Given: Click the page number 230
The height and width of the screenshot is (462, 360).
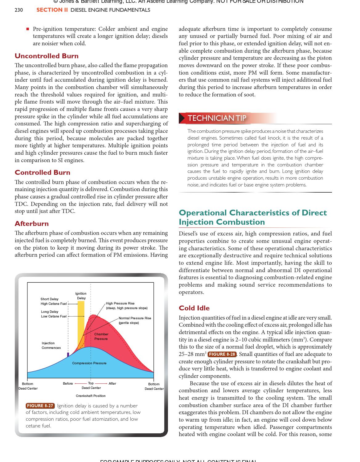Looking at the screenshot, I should click(x=18, y=10).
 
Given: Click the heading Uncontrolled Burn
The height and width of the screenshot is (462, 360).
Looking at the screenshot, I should click(x=47, y=56).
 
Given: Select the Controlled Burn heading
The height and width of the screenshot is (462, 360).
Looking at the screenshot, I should click(x=43, y=173).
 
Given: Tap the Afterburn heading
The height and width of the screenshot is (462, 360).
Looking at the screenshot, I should click(x=32, y=224).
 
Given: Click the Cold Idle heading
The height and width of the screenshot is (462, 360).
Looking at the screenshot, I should click(x=194, y=308).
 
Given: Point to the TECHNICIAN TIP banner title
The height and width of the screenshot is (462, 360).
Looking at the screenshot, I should click(x=217, y=118).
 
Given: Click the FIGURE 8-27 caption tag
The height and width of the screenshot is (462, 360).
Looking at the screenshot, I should click(x=40, y=406).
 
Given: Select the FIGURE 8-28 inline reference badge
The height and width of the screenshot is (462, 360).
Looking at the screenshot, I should click(x=222, y=354).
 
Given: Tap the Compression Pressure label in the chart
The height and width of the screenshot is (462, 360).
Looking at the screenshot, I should click(x=89, y=363).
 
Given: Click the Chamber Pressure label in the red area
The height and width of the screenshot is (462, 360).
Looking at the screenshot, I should click(x=101, y=337).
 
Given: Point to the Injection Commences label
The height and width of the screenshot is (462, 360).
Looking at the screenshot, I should click(x=51, y=345).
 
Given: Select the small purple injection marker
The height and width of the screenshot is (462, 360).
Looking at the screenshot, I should click(x=68, y=355).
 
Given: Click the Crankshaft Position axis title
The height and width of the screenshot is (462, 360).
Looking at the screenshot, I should click(x=91, y=396).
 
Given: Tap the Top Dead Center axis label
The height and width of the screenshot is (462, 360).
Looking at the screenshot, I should click(x=91, y=386).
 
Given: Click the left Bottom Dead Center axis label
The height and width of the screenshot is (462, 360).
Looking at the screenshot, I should click(x=28, y=386).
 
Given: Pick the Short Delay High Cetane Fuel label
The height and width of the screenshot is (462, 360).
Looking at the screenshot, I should click(x=54, y=301).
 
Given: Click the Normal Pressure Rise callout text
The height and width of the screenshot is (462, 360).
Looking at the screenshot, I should click(x=135, y=320).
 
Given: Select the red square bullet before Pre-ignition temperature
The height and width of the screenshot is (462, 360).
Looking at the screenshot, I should click(x=27, y=29).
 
